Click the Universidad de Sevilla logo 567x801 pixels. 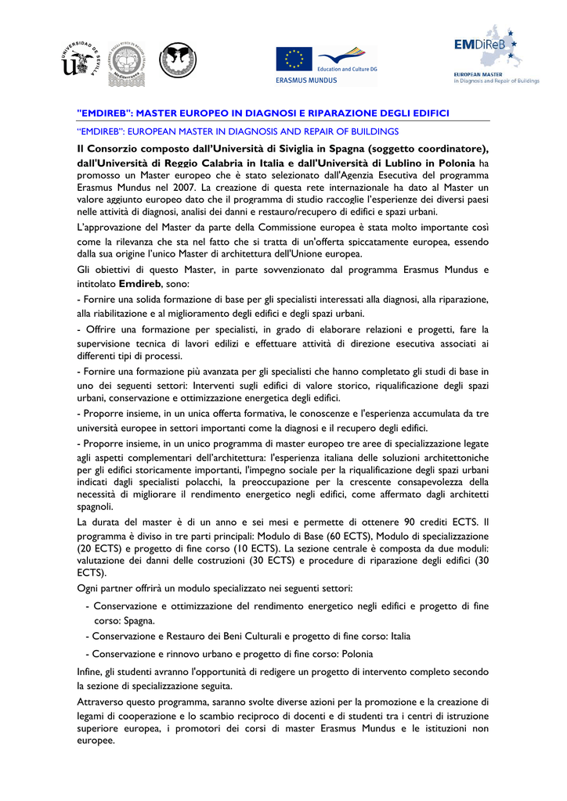(81, 60)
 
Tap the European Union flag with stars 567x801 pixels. (294, 59)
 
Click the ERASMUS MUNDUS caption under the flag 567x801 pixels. (306, 80)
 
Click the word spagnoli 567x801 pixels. (96, 506)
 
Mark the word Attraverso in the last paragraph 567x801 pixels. (103, 702)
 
